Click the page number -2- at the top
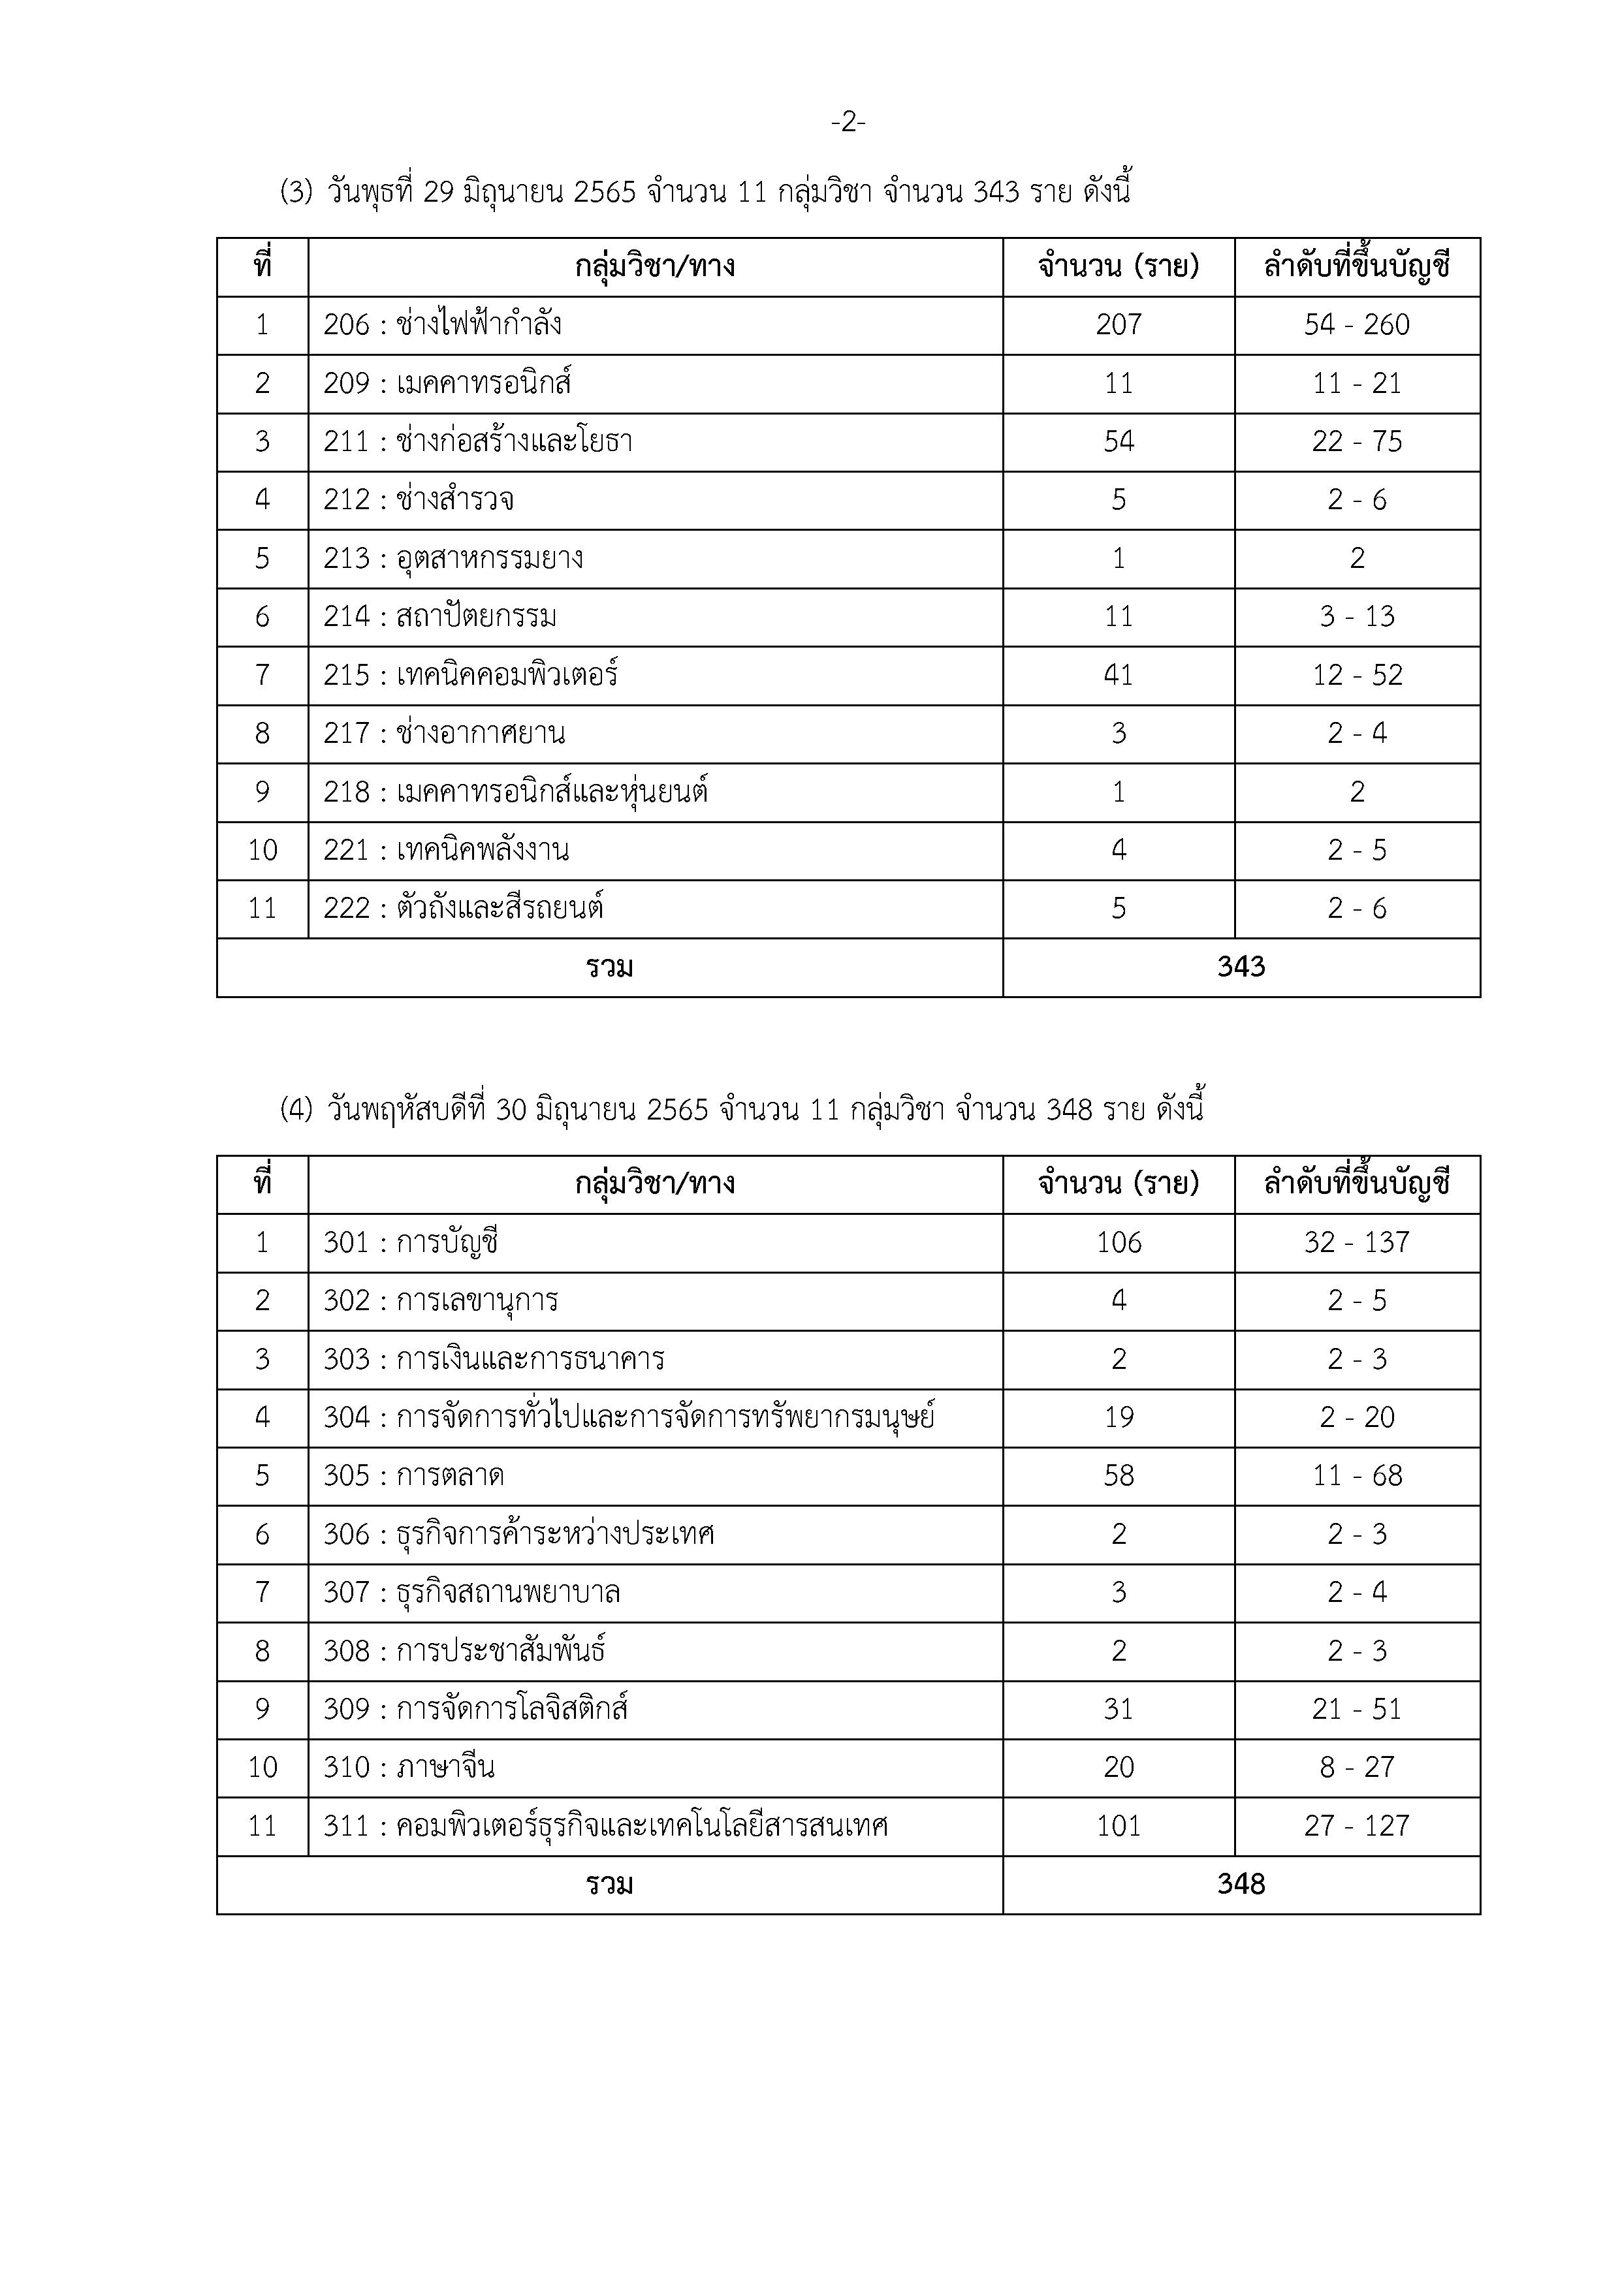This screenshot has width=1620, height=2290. coord(848,123)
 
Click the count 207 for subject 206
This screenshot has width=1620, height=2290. coord(1119,325)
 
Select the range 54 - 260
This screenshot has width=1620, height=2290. coord(1357,325)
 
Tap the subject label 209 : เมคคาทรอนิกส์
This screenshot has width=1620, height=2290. coord(447,384)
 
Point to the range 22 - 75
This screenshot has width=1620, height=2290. coord(1357,442)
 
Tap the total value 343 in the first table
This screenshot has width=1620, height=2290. coord(1241,967)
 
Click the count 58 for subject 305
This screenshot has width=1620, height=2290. coord(1119,1476)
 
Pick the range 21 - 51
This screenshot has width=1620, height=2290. coord(1357,1710)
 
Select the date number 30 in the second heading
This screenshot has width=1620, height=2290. coord(511,1110)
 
